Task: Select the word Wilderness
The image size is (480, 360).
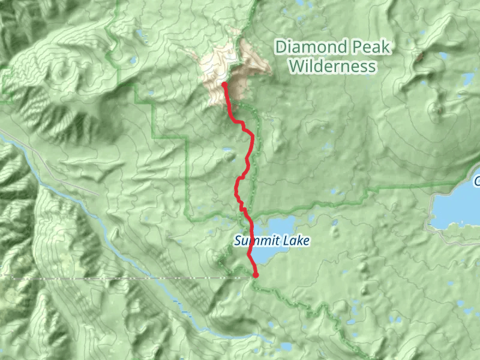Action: click(334, 66)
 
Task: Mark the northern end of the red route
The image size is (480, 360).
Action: click(224, 85)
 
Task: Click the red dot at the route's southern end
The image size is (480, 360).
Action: click(256, 275)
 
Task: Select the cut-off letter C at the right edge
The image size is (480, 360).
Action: click(477, 181)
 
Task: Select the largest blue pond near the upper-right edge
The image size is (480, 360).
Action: click(467, 79)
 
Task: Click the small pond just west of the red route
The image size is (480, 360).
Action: click(229, 151)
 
